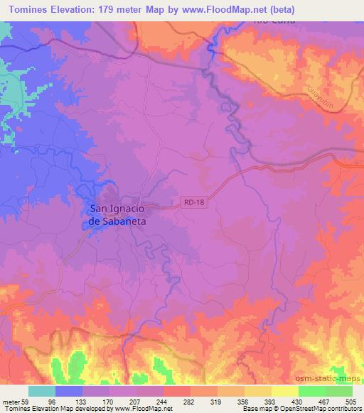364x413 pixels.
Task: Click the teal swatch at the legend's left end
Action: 42,392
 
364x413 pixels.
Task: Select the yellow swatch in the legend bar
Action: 284,392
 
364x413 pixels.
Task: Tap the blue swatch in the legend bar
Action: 69,392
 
